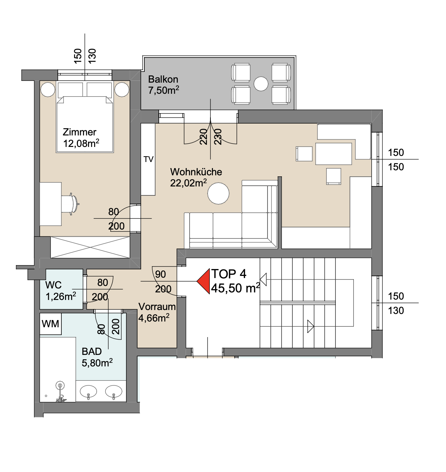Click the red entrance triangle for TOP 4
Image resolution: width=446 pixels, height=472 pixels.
(x=204, y=281)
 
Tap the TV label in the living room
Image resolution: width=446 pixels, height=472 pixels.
(x=149, y=159)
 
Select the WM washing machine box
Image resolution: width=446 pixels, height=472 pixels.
(x=50, y=324)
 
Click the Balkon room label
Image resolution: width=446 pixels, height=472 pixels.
(x=163, y=79)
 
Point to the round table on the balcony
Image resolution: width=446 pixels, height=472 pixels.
(x=261, y=84)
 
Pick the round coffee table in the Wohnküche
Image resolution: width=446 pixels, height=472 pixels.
(x=218, y=194)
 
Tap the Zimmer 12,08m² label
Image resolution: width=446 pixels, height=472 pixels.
(x=81, y=138)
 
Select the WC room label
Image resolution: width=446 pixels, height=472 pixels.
(x=53, y=285)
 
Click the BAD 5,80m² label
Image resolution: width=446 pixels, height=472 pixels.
(x=97, y=357)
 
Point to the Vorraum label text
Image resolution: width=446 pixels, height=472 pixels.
(x=157, y=306)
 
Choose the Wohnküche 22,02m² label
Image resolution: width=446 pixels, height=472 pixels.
(x=196, y=177)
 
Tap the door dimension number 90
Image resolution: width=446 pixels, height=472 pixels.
(x=161, y=274)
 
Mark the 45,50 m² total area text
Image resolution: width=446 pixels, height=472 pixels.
(x=236, y=288)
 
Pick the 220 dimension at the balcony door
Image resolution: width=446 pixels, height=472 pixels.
(x=203, y=136)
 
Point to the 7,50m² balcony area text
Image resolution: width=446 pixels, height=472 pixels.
(x=163, y=90)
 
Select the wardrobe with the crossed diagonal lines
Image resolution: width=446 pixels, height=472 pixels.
(x=90, y=247)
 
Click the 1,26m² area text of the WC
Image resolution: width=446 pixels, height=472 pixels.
(x=61, y=296)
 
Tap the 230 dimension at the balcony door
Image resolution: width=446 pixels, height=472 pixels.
(x=218, y=136)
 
